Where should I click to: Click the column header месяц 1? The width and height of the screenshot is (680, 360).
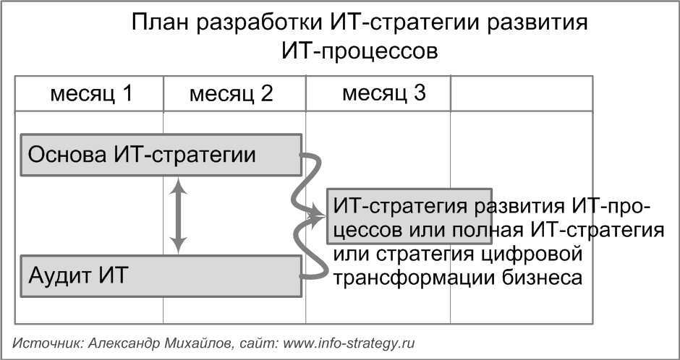[90, 94]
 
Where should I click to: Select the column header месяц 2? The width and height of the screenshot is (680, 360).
[231, 94]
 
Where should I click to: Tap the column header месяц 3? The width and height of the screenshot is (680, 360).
[383, 93]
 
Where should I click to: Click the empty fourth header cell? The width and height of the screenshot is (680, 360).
[521, 94]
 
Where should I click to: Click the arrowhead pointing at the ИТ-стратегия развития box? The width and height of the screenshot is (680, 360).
[319, 215]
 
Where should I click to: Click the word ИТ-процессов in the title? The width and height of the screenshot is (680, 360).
[359, 52]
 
